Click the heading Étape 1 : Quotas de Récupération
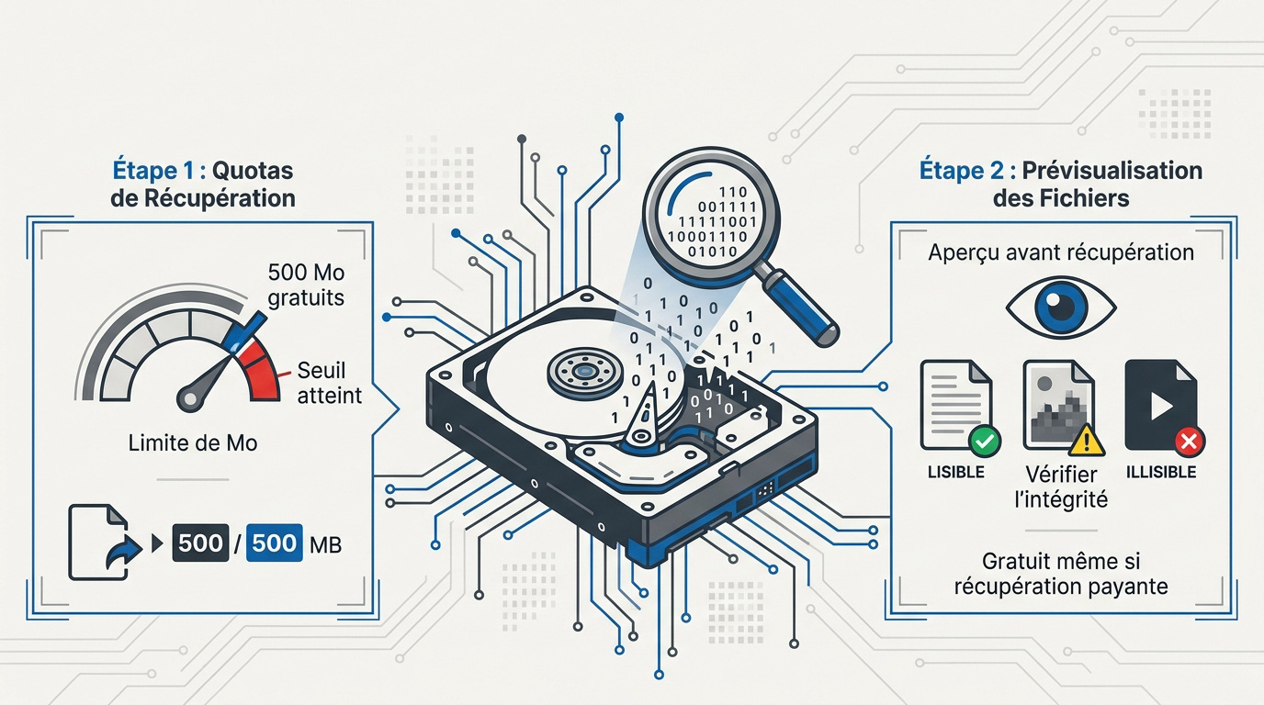click(x=203, y=184)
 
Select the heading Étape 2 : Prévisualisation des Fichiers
click(x=1061, y=184)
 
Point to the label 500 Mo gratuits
click(x=306, y=285)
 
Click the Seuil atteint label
click(x=330, y=383)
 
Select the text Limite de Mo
click(x=192, y=442)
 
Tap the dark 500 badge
click(x=200, y=543)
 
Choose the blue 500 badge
click(x=275, y=543)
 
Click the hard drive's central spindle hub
click(x=584, y=372)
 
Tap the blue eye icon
click(x=1061, y=308)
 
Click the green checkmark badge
click(x=986, y=441)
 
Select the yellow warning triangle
click(x=1087, y=441)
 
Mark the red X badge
click(x=1189, y=441)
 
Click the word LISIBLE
click(x=956, y=472)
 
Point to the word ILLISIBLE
click(x=1161, y=472)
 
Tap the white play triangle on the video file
click(x=1162, y=406)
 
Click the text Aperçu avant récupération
click(x=1061, y=252)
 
